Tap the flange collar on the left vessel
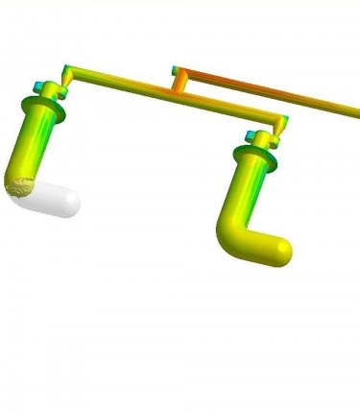click(x=49, y=106)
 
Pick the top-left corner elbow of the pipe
click(x=66, y=70)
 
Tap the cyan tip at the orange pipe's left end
click(x=174, y=69)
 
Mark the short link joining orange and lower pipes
click(x=180, y=84)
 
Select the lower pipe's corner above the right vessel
click(x=282, y=117)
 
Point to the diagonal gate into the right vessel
click(x=275, y=131)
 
